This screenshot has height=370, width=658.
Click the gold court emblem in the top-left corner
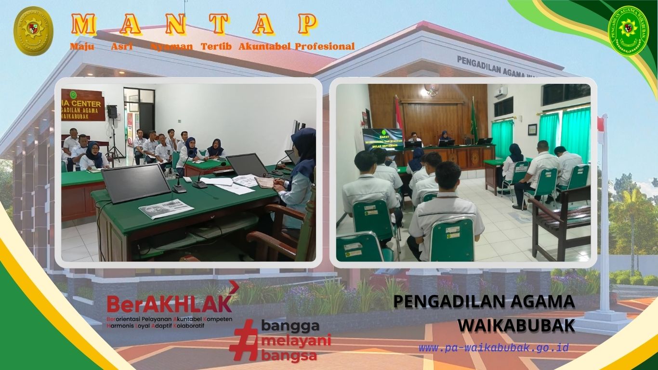(x=33, y=31)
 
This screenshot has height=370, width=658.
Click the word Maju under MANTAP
(x=82, y=47)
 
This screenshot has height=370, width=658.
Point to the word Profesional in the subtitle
(x=325, y=47)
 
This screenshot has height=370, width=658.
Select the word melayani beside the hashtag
(x=295, y=341)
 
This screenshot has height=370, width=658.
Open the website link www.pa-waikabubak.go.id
(x=493, y=347)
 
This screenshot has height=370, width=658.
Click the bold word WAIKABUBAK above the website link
(x=516, y=325)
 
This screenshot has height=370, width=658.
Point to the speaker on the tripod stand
(x=112, y=112)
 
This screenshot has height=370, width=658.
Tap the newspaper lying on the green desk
(x=166, y=209)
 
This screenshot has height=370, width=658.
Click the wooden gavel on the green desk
(x=265, y=183)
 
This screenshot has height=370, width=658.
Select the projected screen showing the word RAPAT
(x=383, y=139)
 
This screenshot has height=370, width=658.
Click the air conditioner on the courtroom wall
(x=503, y=91)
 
